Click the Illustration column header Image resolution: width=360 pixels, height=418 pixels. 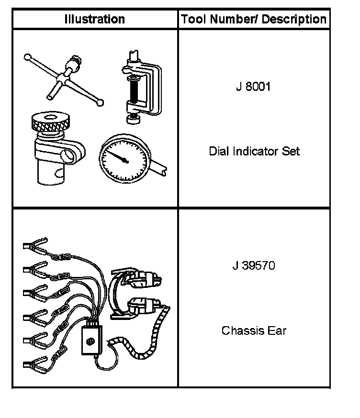coord(95,20)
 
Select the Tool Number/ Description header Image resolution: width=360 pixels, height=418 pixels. coord(254,20)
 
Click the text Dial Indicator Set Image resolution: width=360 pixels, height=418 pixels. coord(254,152)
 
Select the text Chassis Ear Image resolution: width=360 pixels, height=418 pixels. coord(254,330)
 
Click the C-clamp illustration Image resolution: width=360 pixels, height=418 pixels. coord(142,84)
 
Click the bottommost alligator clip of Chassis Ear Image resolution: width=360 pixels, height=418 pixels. coord(35,365)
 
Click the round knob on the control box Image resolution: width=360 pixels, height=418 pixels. coord(90,342)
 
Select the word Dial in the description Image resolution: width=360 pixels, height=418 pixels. coord(218,152)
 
